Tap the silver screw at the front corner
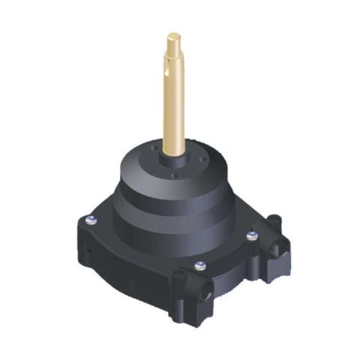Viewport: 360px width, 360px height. [199, 265]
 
